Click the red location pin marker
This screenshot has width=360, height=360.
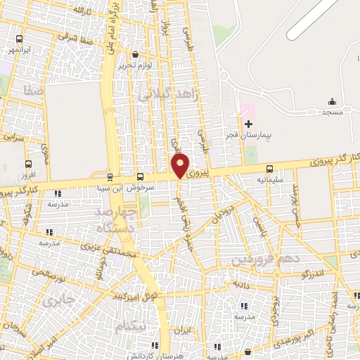180,166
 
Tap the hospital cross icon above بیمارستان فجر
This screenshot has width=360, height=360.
247,123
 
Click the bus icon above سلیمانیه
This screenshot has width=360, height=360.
269,169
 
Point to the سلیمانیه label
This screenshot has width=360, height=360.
269,179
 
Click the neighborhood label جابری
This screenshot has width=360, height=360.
58,302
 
